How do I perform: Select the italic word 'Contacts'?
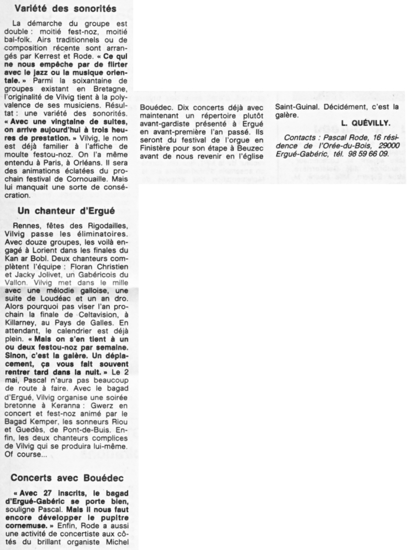pyautogui.click(x=300, y=139)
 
